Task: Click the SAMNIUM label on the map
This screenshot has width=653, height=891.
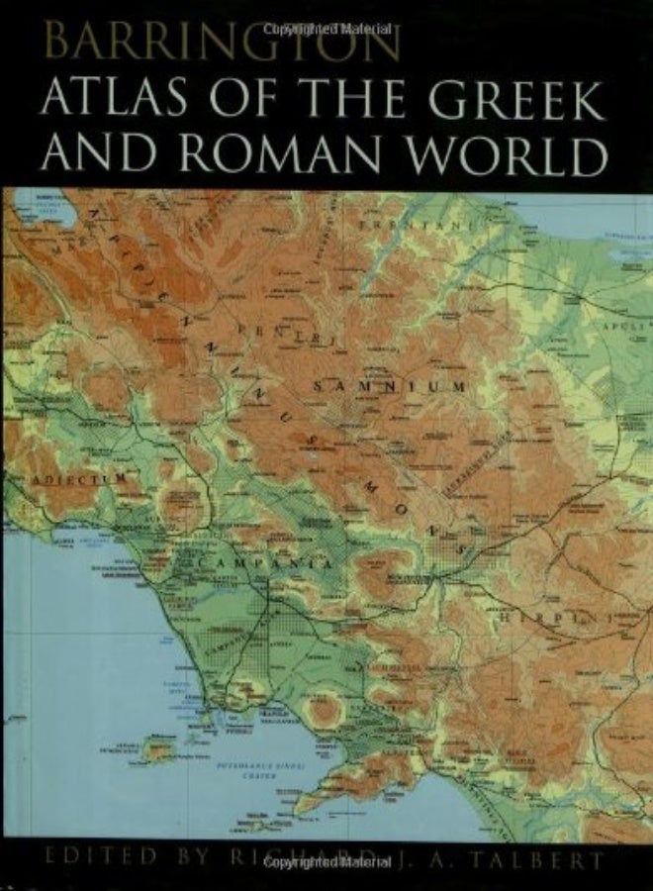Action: (x=389, y=385)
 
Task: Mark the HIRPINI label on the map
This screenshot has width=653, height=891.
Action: (x=560, y=616)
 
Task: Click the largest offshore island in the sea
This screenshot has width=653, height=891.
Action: (x=158, y=749)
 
